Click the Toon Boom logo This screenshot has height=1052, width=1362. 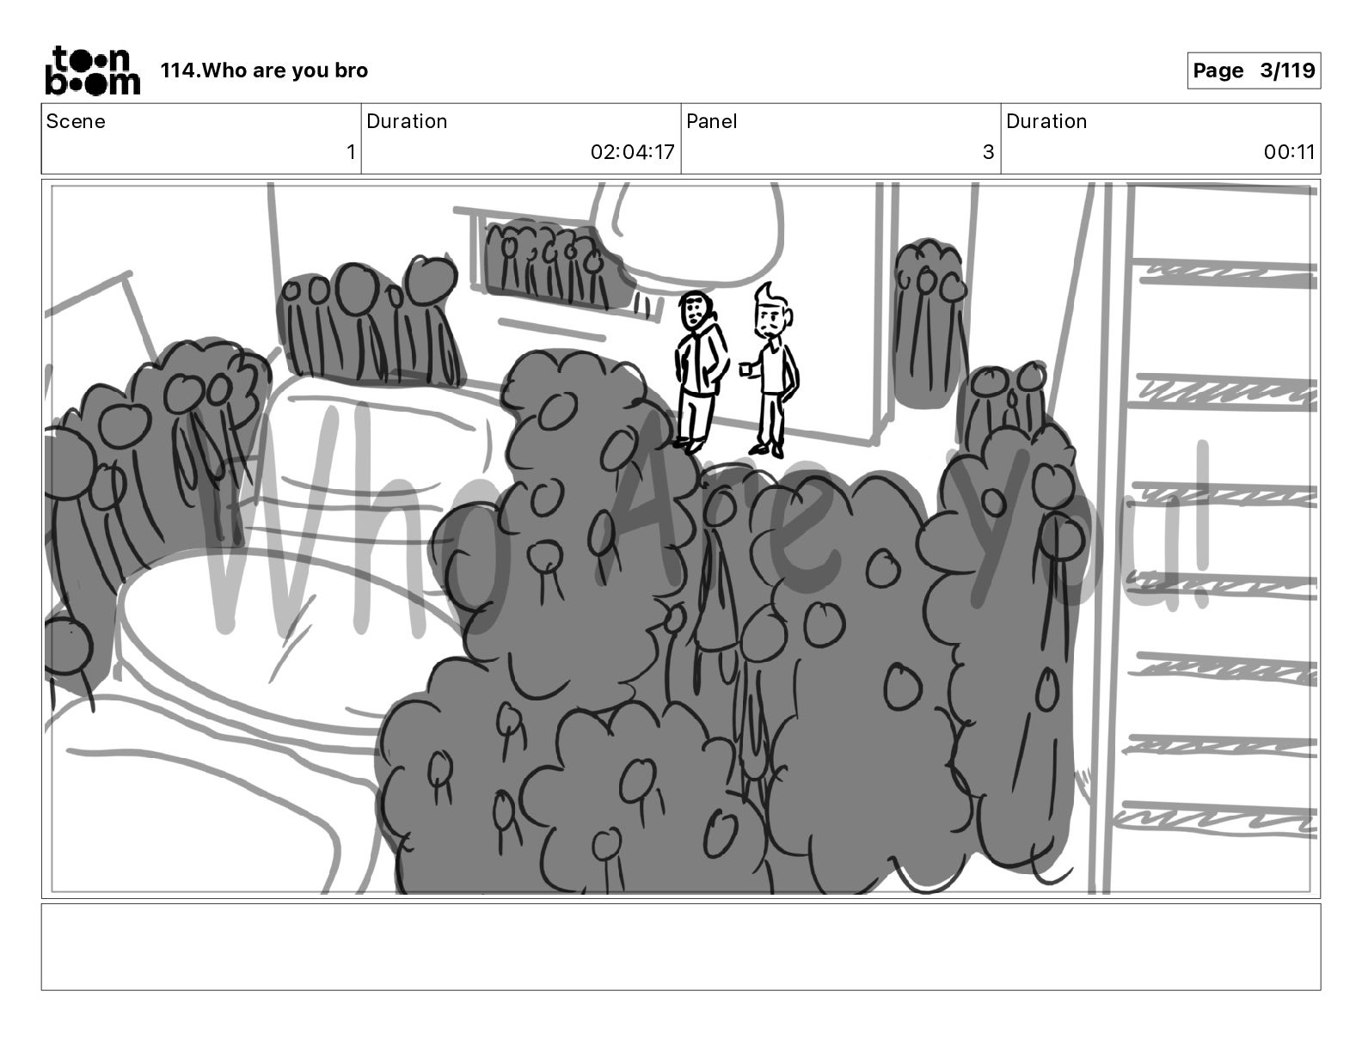coord(93,70)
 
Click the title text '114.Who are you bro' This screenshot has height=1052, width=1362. coord(264,70)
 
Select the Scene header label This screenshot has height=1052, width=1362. coord(75,121)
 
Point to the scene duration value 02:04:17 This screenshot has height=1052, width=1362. coord(632,151)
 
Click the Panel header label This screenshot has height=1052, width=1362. coord(711,121)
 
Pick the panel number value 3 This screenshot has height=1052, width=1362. coord(988,151)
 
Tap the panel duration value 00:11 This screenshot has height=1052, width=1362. coord(1289,151)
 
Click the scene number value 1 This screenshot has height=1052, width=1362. coord(351,151)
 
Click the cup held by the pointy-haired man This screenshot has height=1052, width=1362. coord(745,370)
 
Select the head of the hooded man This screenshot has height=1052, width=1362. coord(696,310)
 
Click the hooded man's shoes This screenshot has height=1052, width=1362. coord(689,445)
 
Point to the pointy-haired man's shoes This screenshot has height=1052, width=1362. coord(767,450)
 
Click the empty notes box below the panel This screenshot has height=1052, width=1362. coord(681,947)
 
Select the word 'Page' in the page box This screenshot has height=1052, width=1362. coord(1218,70)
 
